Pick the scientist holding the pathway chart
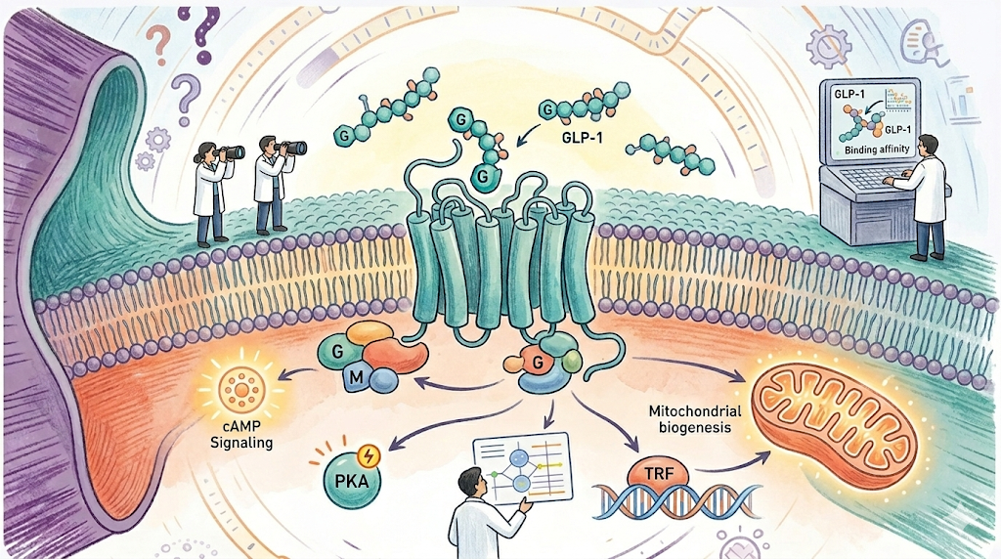[479, 513]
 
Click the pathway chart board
[520, 467]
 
